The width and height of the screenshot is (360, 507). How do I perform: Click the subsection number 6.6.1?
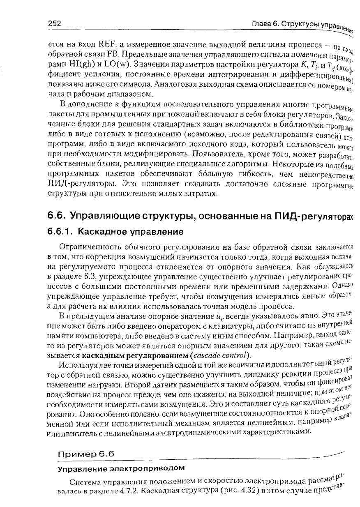(x=61, y=232)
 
